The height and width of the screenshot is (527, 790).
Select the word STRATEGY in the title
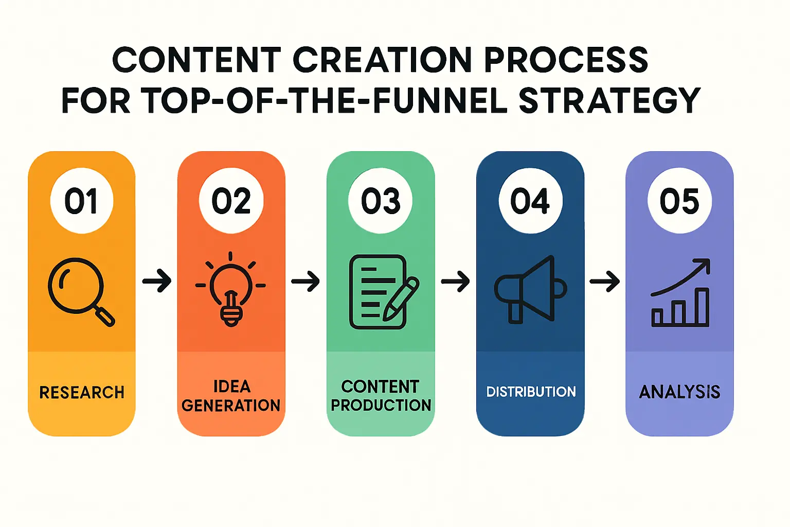610,100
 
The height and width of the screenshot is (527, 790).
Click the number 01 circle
82,201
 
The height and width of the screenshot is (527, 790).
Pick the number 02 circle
231,201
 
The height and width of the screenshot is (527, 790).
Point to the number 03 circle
381,201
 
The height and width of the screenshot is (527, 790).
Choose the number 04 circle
530,201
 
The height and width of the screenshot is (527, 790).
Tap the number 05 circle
679,201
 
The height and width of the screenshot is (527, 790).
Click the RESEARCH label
82,392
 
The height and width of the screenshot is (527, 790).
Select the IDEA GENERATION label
231,396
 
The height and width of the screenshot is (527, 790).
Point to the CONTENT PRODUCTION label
381,396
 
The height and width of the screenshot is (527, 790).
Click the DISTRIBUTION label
531,392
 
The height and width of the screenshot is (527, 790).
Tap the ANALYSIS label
679,392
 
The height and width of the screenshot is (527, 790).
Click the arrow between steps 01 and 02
157,281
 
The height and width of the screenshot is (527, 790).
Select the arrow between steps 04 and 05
604,282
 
